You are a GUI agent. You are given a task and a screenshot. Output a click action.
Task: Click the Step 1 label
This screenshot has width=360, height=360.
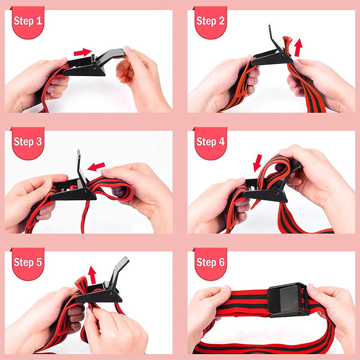coord(28,21)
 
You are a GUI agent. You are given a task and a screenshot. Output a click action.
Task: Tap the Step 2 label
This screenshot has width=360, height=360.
coord(210,21)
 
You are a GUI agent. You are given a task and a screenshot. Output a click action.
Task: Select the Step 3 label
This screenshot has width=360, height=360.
coord(28,142)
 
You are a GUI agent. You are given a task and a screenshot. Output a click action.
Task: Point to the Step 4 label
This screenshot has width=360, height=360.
coord(210,142)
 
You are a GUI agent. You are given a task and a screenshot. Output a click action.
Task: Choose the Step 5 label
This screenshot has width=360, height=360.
coord(28,262)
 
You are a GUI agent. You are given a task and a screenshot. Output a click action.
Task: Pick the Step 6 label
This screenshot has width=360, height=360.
coord(210,262)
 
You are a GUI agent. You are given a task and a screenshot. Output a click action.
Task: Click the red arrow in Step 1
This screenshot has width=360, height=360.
coord(83,52)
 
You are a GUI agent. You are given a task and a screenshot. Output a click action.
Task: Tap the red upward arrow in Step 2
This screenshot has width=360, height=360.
coord(298,48)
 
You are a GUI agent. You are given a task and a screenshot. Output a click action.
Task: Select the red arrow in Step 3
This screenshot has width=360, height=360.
coord(96,166)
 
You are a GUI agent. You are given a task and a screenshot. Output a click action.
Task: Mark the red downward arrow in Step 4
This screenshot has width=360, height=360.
coord(257,163)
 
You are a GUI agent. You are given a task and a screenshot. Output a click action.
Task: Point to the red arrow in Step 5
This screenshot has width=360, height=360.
coord(92,275)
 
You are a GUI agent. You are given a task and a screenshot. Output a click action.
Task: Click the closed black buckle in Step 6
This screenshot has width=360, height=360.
coord(288,300)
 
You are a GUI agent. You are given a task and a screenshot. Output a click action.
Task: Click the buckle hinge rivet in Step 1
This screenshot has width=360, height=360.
coord(95,68)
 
